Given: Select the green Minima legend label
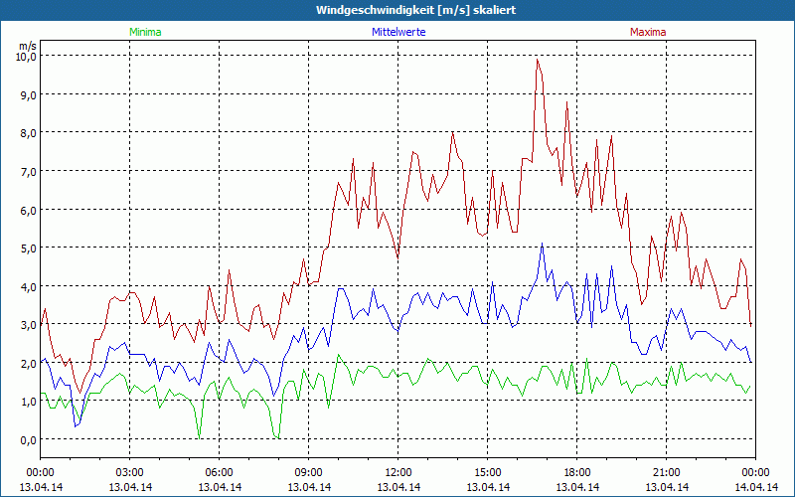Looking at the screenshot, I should [144, 32].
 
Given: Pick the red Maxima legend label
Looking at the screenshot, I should [648, 32].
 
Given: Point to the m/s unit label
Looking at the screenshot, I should [27, 46].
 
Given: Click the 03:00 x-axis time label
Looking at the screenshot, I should [129, 472].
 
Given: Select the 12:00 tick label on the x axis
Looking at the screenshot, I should [397, 472].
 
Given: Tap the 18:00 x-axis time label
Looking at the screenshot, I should [576, 472].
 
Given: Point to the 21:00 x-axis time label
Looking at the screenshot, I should [666, 472].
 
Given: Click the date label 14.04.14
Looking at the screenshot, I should [755, 487].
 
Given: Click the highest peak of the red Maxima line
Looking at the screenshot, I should [538, 59].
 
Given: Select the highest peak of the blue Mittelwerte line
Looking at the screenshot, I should [543, 244].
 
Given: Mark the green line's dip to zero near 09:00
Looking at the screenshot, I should [277, 437].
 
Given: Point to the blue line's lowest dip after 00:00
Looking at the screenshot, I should [75, 426].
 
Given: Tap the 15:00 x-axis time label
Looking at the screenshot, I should [487, 472].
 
